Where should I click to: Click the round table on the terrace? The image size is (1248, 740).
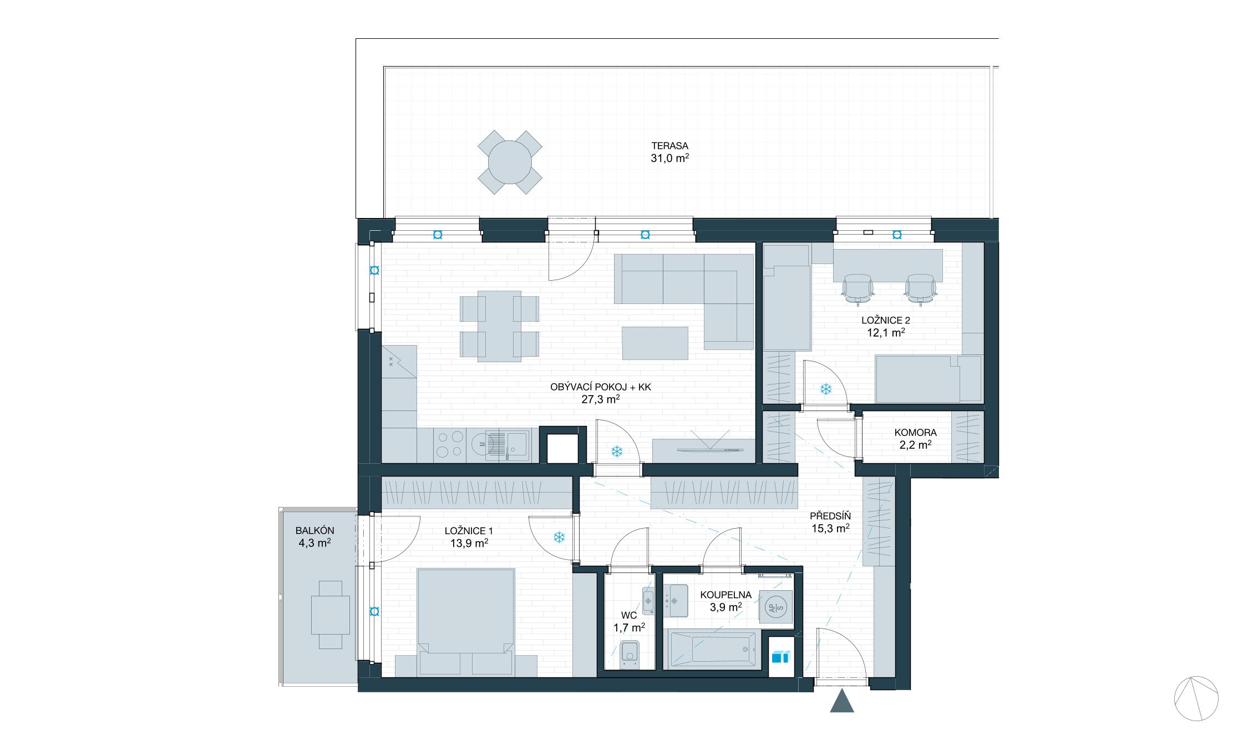click(x=510, y=162)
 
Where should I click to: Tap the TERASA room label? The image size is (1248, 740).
click(x=670, y=146)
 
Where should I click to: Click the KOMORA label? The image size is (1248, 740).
click(x=915, y=433)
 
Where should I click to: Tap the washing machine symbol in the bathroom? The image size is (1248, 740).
click(x=775, y=607)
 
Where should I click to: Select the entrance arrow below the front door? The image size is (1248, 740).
click(x=842, y=700)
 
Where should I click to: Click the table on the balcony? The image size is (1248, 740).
click(x=331, y=615)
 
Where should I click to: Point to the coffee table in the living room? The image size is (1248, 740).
click(x=655, y=343)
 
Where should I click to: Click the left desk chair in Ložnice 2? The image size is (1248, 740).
click(x=858, y=289)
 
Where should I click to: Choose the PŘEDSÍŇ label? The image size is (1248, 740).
click(x=830, y=516)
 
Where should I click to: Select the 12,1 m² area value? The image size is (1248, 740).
click(x=886, y=333)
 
